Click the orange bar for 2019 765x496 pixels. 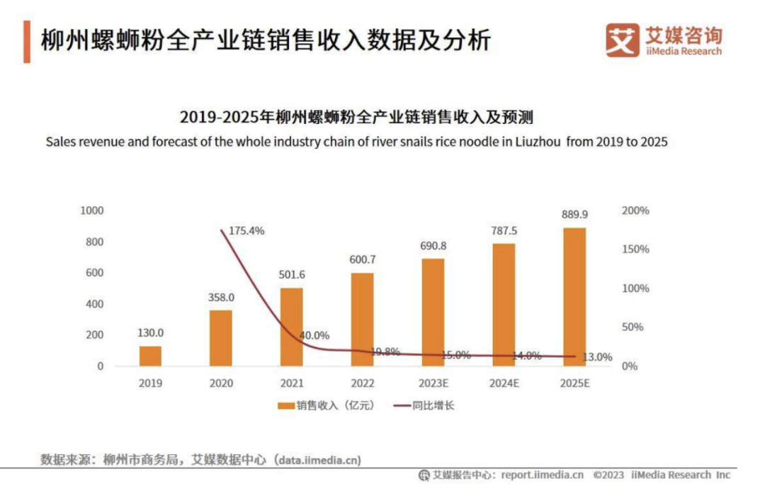pos(150,356)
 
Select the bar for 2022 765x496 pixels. pos(362,320)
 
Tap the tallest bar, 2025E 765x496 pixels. pos(574,297)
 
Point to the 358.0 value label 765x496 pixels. pos(220,298)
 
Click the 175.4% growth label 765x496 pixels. pos(246,230)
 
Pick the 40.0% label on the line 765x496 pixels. pos(314,335)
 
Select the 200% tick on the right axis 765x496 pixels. pos(635,210)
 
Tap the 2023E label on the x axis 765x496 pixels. pos(433,383)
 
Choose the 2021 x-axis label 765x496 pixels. pos(291,383)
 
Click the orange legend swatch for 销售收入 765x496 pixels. pos(286,406)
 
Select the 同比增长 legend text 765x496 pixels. pos(433,406)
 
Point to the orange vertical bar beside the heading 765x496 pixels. pos(27,42)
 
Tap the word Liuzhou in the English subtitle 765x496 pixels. pos(535,141)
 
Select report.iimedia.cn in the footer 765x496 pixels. pos(542,475)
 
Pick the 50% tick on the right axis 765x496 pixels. pos(633,327)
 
